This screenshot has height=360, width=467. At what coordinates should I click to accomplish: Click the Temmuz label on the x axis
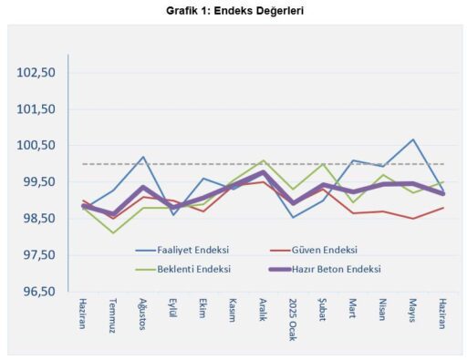[113, 314]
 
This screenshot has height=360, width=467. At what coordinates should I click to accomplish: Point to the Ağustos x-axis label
[142, 315]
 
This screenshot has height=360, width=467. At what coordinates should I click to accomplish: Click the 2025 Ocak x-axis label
[293, 318]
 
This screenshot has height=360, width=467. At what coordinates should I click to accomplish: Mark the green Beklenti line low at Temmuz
[113, 233]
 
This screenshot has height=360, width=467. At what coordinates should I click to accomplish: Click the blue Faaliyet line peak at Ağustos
[143, 157]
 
